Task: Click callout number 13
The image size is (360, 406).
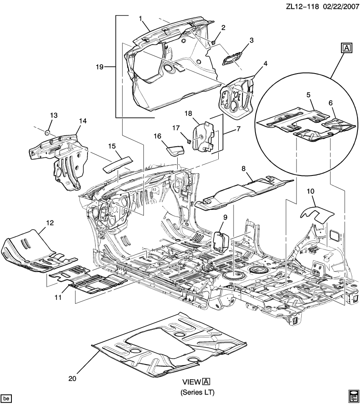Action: point(53,115)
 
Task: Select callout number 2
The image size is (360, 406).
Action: point(223,28)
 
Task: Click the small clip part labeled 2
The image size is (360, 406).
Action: point(214,42)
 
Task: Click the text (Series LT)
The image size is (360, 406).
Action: point(198,392)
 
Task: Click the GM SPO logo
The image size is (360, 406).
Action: point(353,395)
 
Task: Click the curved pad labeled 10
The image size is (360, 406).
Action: point(316,214)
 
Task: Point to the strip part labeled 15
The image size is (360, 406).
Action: point(118,163)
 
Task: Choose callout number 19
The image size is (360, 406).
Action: point(99,66)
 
